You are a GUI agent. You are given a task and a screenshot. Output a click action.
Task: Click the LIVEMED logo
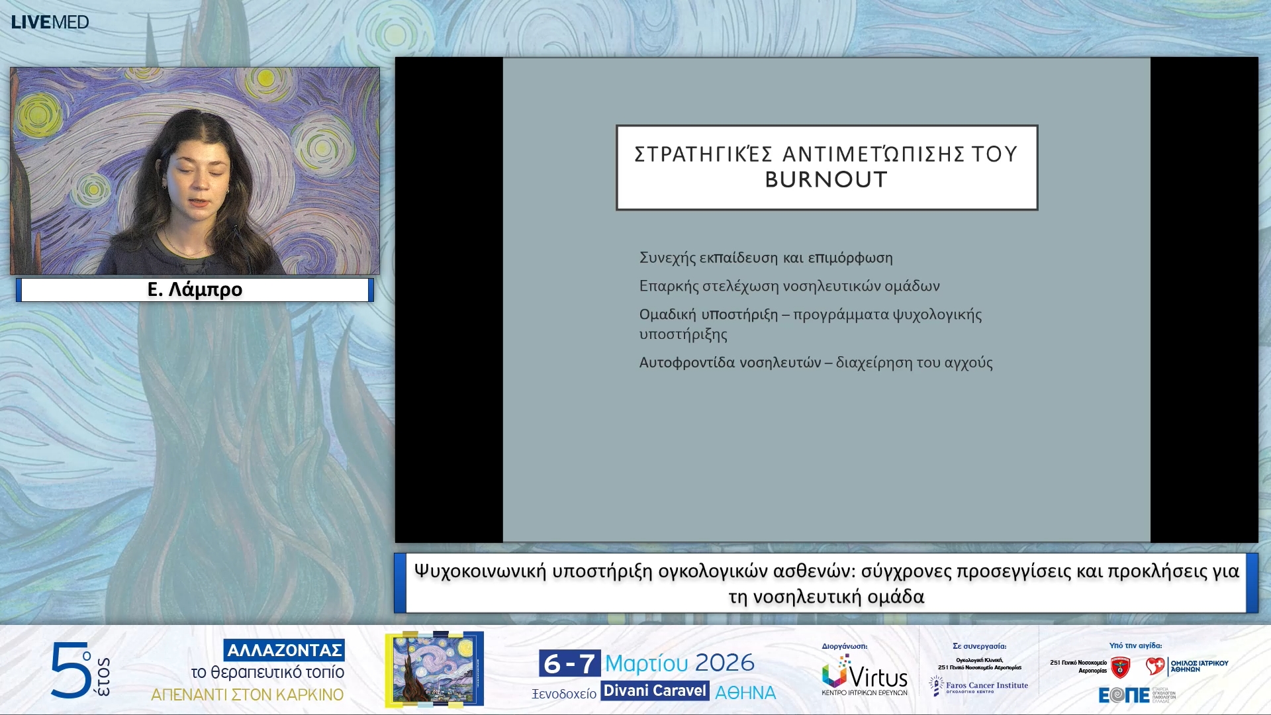(50, 22)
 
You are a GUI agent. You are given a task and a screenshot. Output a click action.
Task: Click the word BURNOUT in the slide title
(825, 180)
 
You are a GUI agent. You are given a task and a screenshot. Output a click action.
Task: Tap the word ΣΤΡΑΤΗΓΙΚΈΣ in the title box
(703, 154)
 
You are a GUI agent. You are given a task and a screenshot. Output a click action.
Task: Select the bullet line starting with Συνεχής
(765, 258)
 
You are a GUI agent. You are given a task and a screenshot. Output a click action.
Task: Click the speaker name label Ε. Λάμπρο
(195, 290)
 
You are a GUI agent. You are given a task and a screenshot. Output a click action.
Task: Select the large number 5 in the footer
(70, 670)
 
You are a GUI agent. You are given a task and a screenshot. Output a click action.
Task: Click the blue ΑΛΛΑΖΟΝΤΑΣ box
(284, 650)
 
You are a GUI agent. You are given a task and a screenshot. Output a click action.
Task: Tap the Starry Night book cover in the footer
(434, 669)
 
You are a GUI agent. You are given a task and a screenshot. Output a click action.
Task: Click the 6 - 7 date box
(569, 663)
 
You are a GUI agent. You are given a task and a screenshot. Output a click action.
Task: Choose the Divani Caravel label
(655, 691)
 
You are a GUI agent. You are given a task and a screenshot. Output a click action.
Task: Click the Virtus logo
(864, 675)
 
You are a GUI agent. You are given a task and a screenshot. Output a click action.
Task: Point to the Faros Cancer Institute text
(986, 686)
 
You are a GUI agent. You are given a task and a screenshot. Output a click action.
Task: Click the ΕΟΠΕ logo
(1124, 695)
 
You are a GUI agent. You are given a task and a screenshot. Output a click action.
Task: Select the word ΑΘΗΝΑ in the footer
(745, 693)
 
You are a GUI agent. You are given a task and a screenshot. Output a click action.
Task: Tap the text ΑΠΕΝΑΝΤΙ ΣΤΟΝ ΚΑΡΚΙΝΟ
(248, 695)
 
